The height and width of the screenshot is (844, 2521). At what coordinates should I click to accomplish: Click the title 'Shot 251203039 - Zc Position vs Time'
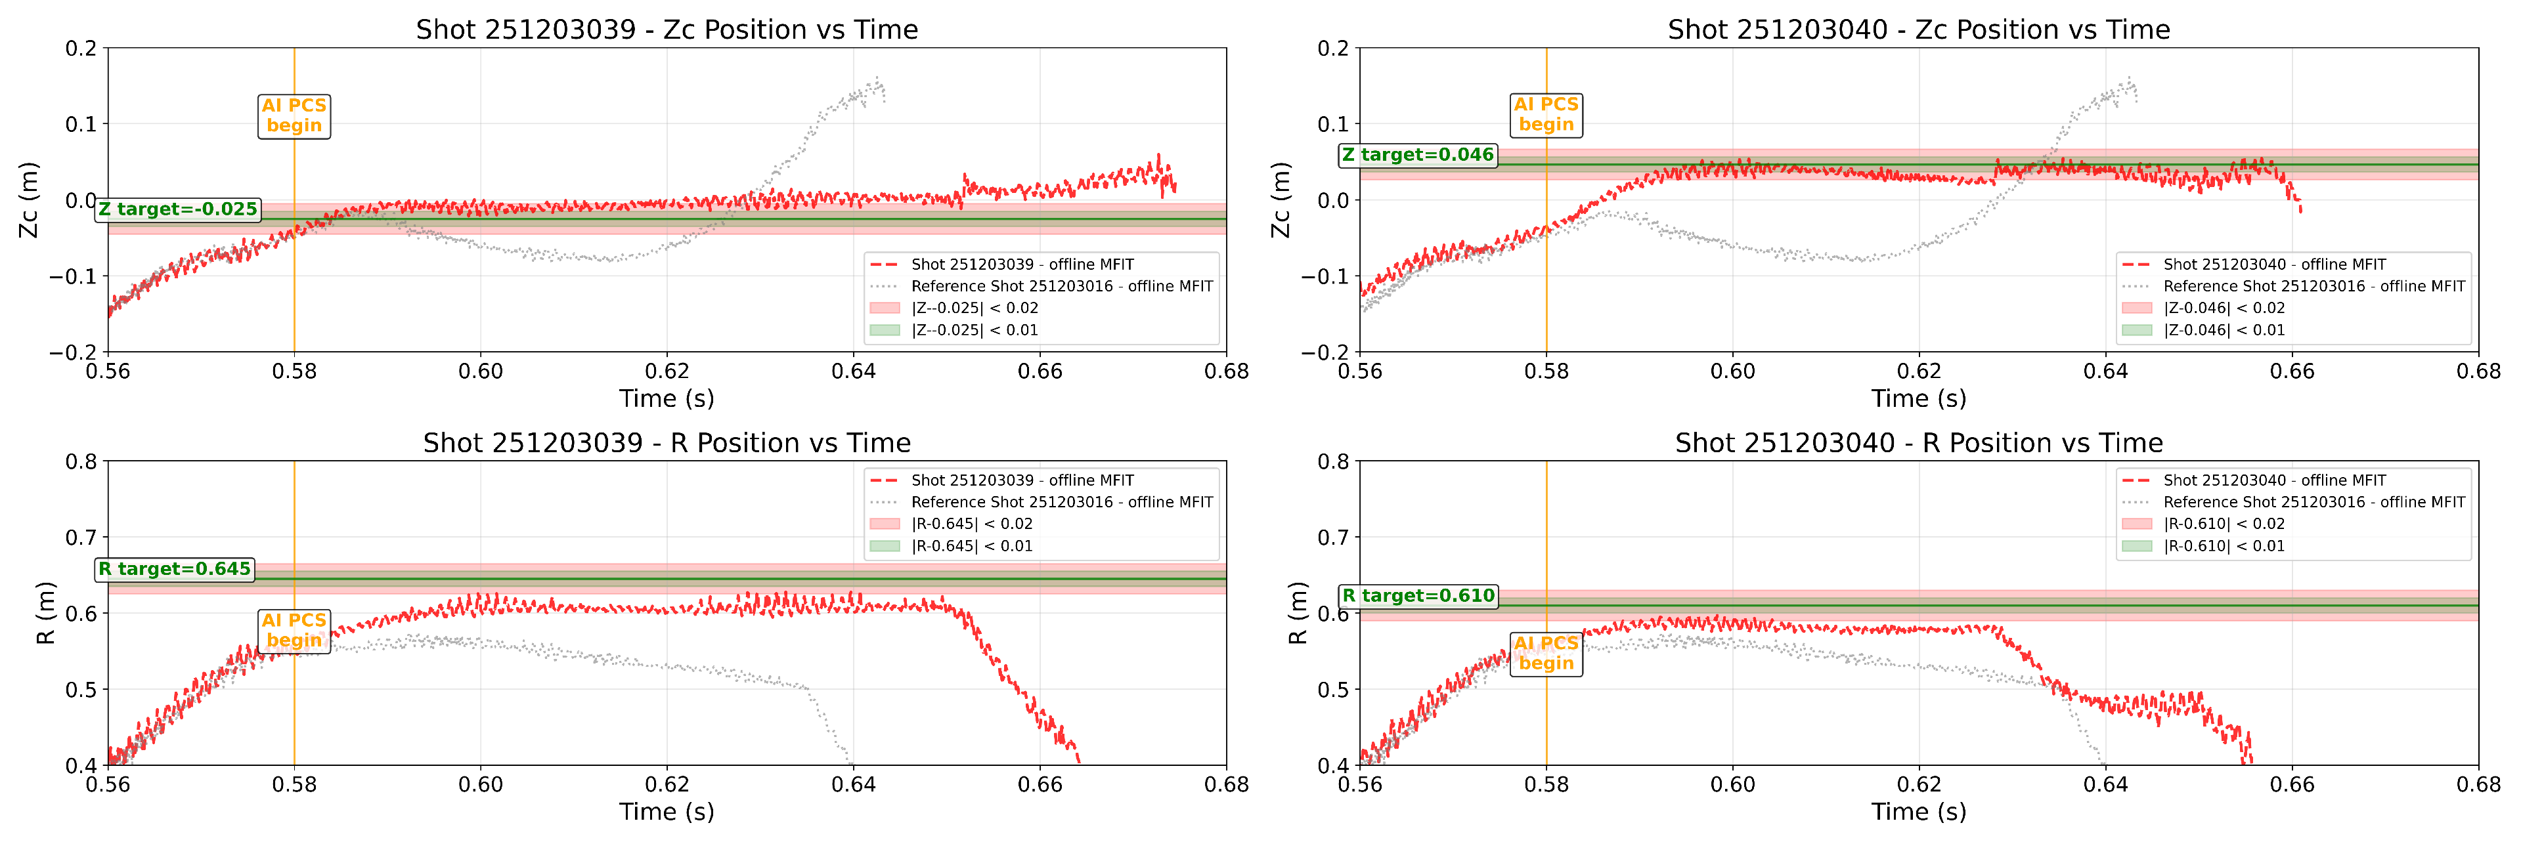tap(667, 30)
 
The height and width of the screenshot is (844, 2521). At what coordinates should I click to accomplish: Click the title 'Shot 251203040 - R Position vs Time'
tap(1918, 443)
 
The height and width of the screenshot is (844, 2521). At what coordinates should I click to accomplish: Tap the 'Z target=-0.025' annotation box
tap(177, 209)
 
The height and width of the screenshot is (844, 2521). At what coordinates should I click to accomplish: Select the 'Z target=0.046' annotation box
tap(1417, 154)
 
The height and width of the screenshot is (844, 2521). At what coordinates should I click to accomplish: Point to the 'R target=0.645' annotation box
tap(174, 569)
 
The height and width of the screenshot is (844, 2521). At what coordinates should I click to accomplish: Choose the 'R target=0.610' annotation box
tap(1418, 596)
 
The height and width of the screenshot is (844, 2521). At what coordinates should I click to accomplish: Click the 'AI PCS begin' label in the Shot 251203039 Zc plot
tap(294, 116)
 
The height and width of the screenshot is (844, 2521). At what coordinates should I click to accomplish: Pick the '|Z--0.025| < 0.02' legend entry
tap(974, 308)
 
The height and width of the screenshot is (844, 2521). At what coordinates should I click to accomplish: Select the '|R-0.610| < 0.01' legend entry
tap(2224, 546)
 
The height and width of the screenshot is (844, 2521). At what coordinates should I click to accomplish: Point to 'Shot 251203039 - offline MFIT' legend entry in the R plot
tap(1022, 480)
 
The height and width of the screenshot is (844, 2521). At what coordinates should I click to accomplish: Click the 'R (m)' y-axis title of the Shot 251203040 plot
tap(1298, 613)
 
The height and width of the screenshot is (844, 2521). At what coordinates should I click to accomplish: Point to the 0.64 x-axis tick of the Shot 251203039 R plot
tap(854, 784)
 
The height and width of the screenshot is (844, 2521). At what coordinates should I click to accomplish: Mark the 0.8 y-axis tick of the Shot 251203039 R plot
tap(81, 461)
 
